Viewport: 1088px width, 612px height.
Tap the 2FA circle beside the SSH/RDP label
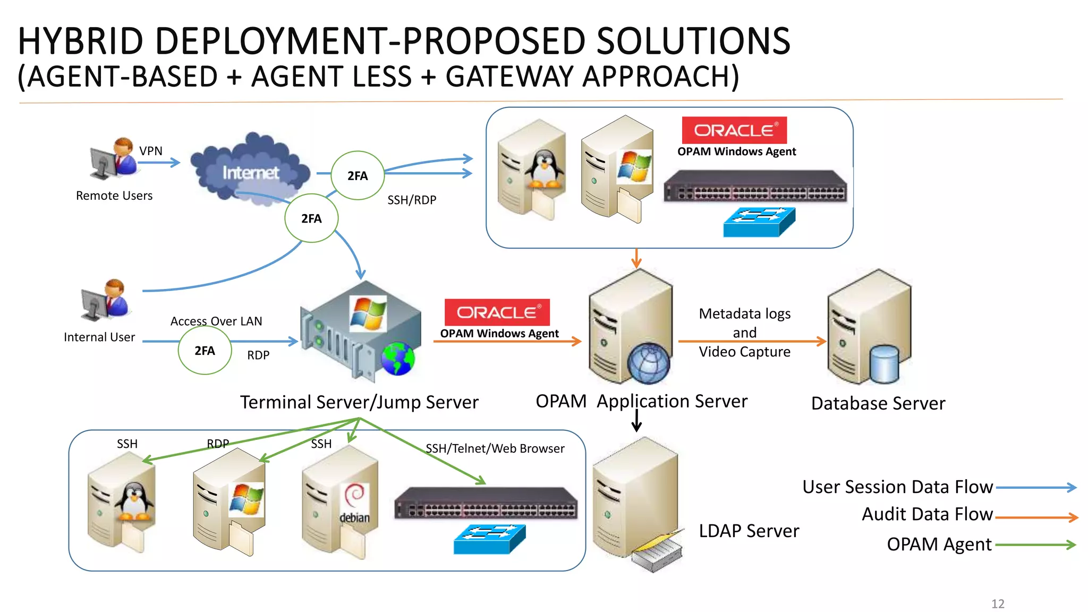pos(357,176)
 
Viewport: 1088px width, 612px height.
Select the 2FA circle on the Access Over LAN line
pos(205,351)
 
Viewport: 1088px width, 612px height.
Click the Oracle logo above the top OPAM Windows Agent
pos(734,130)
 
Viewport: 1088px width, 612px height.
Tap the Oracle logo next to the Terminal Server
pos(497,312)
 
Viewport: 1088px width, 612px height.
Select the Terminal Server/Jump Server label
pos(359,402)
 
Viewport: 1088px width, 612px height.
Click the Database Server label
pos(878,403)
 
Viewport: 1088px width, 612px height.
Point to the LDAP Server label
pos(749,531)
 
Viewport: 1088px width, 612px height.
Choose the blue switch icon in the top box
pos(759,222)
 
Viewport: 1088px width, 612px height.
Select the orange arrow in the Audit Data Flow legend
pos(1036,517)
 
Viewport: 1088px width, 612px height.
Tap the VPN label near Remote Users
pos(151,151)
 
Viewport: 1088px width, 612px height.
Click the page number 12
pos(998,603)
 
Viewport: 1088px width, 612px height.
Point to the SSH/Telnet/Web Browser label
pos(495,448)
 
